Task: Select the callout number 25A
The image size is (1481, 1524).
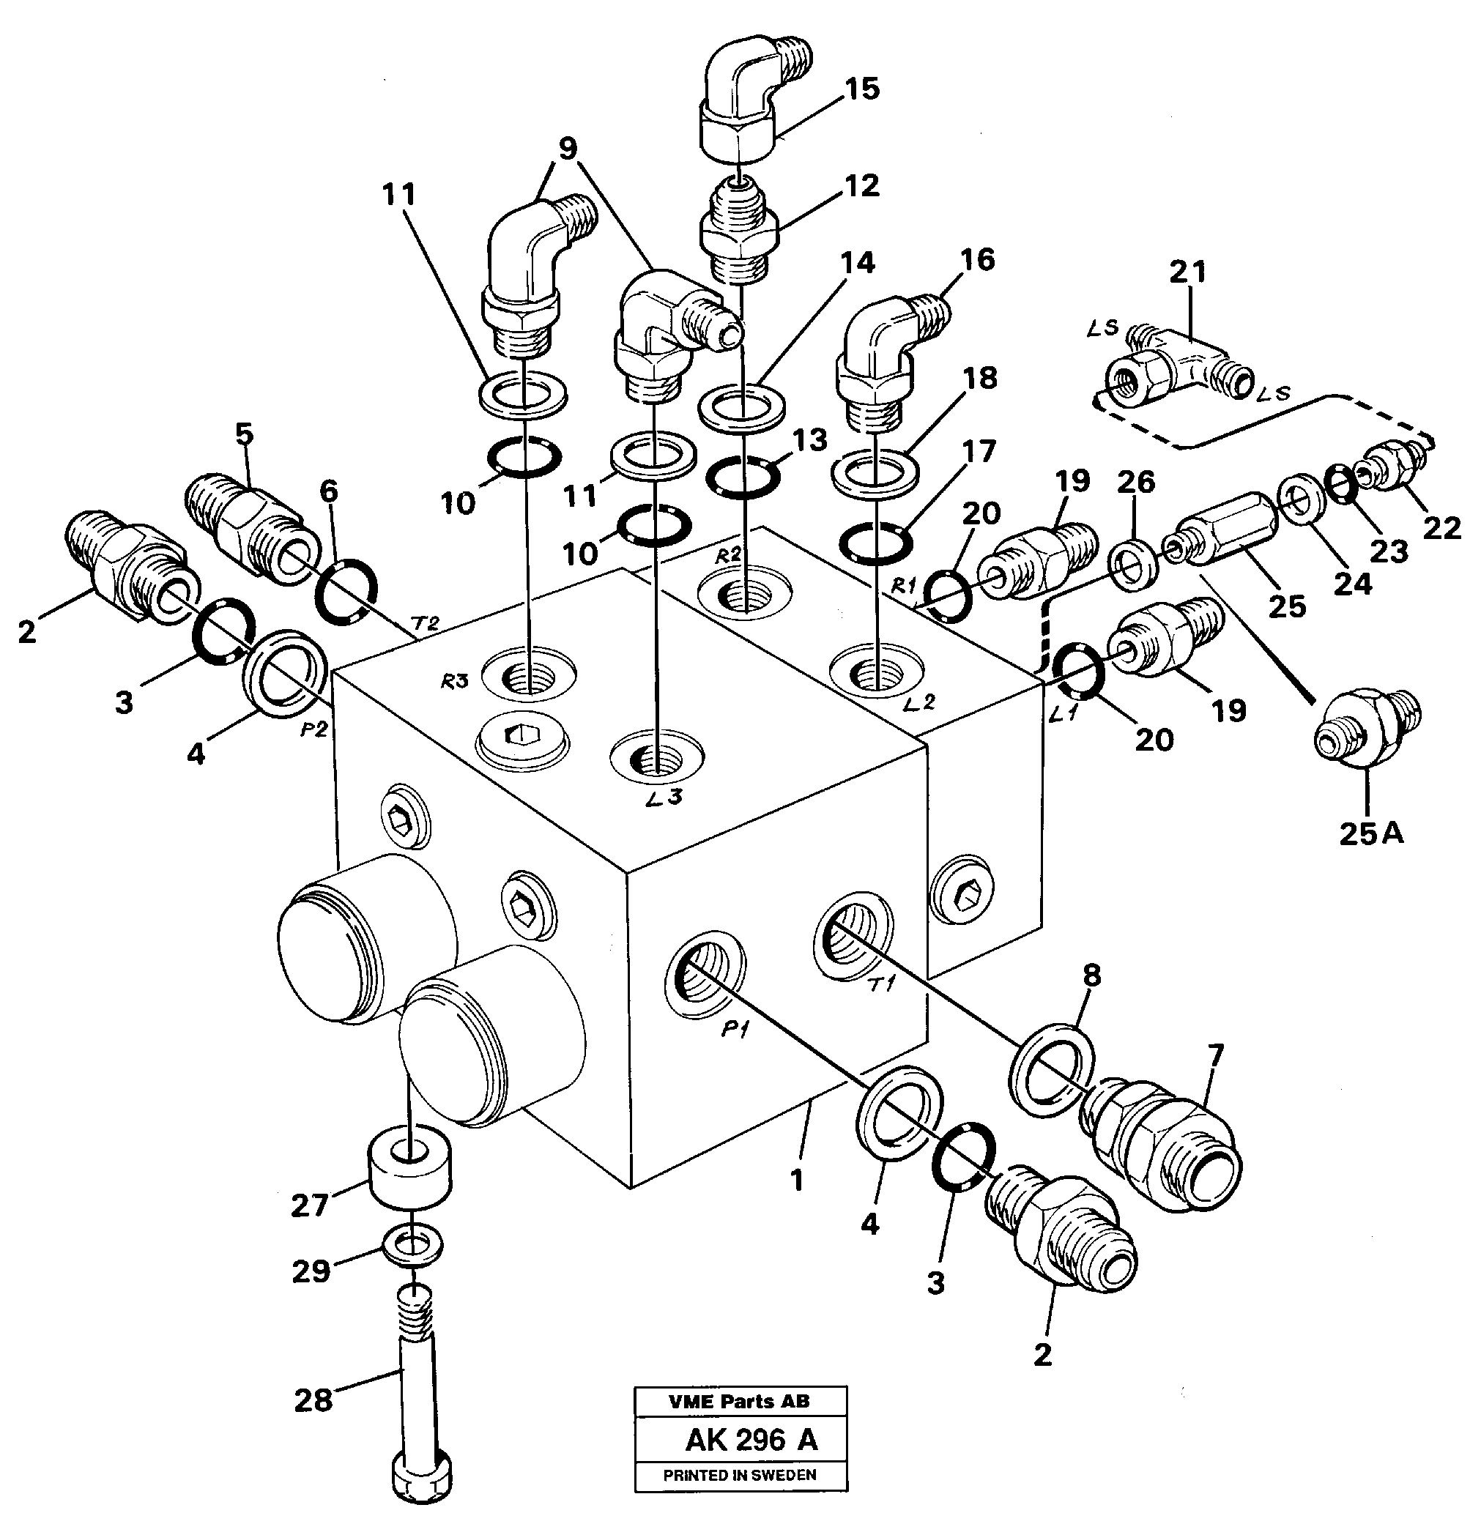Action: pyautogui.click(x=1370, y=833)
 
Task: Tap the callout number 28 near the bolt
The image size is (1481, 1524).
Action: pyautogui.click(x=313, y=1400)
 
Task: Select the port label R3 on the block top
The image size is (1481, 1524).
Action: pyautogui.click(x=454, y=682)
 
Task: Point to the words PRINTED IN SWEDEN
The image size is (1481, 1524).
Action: pyautogui.click(x=740, y=1475)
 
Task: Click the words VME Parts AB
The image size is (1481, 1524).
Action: pyautogui.click(x=739, y=1402)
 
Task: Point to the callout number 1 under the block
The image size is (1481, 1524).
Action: pyautogui.click(x=796, y=1181)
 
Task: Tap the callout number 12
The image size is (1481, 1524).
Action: pyautogui.click(x=861, y=186)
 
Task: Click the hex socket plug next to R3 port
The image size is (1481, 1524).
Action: pyautogui.click(x=524, y=735)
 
